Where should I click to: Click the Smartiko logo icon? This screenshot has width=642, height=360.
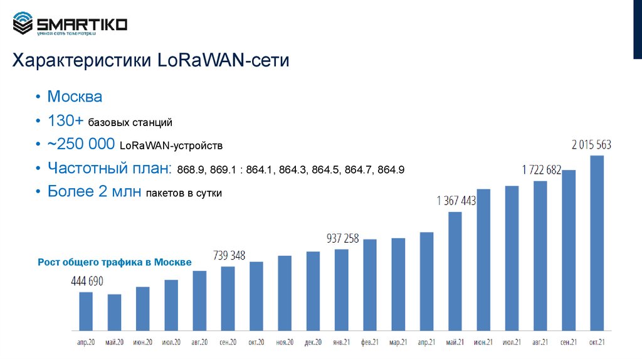pyautogui.click(x=23, y=24)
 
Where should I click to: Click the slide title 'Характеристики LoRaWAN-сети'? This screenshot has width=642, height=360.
pyautogui.click(x=151, y=61)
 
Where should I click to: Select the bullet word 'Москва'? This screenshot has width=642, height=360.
pyautogui.click(x=75, y=97)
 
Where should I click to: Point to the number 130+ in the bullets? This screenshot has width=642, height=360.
pyautogui.click(x=66, y=121)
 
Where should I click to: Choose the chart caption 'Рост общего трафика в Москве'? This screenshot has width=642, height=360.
pyautogui.click(x=115, y=263)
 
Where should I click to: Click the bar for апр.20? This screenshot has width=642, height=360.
pyautogui.click(x=86, y=311)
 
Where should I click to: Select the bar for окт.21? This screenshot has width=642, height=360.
pyautogui.click(x=597, y=243)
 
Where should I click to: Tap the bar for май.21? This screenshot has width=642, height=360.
pyautogui.click(x=455, y=271)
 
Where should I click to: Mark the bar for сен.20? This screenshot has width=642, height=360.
pyautogui.click(x=228, y=299)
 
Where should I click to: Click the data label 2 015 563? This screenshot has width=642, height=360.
pyautogui.click(x=591, y=145)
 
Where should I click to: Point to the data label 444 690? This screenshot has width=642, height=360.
pyautogui.click(x=87, y=280)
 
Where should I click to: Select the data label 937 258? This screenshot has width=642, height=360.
pyautogui.click(x=343, y=238)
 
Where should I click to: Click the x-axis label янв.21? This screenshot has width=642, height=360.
pyautogui.click(x=342, y=342)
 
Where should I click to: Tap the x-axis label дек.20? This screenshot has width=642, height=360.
pyautogui.click(x=313, y=342)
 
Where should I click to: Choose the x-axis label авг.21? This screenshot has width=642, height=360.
pyautogui.click(x=540, y=342)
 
